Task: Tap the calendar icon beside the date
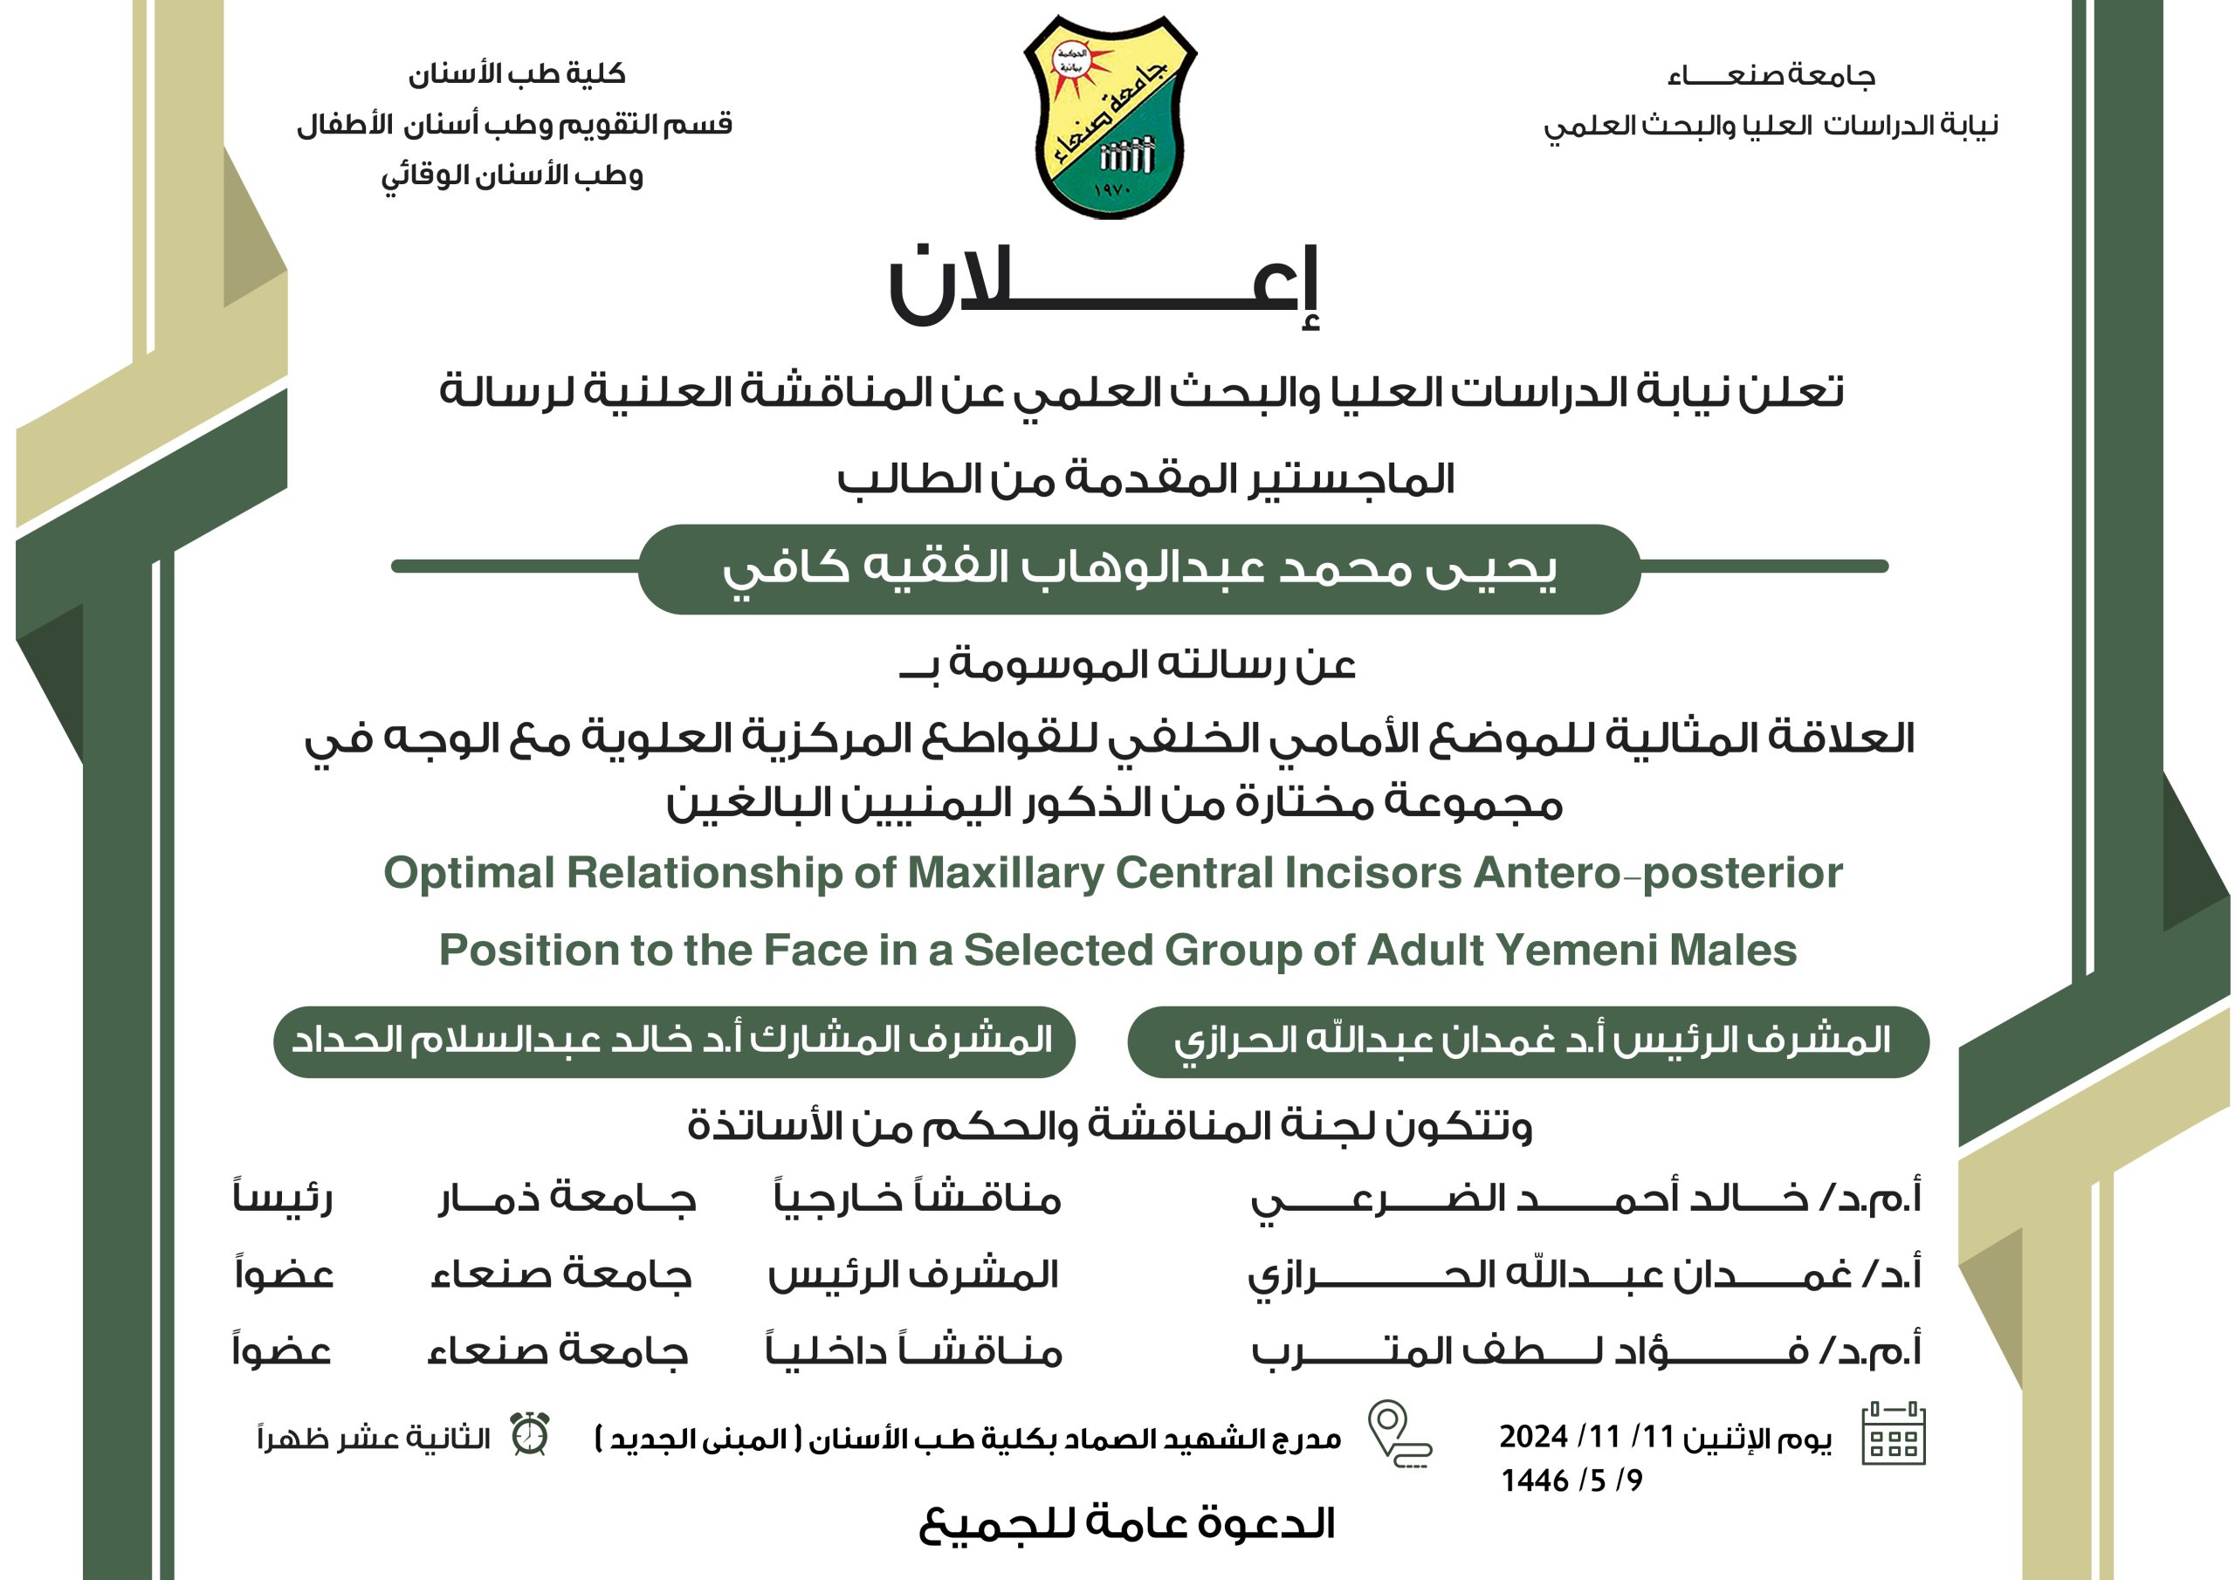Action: [1894, 1433]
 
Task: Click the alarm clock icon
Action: [531, 1434]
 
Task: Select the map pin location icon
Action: [1397, 1433]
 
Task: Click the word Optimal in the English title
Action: [468, 872]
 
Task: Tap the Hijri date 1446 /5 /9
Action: [1571, 1480]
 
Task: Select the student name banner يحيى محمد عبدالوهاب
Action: [1139, 568]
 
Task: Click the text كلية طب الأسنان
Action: [516, 74]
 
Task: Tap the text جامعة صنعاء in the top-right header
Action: [1771, 76]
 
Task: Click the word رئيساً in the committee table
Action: [283, 1197]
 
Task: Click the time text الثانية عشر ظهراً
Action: [374, 1438]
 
